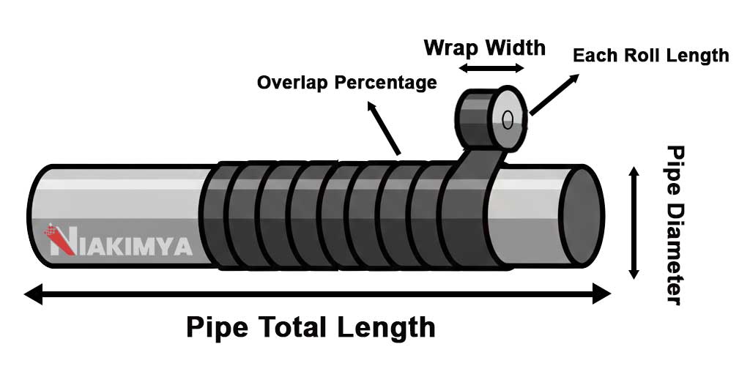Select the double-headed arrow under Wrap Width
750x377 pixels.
pos(491,69)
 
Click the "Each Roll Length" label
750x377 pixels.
pos(650,56)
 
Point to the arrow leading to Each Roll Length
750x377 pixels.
pos(551,94)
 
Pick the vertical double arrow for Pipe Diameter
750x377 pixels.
pos(634,223)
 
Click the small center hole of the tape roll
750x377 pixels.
pos(508,119)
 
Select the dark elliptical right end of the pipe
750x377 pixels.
pos(582,215)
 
